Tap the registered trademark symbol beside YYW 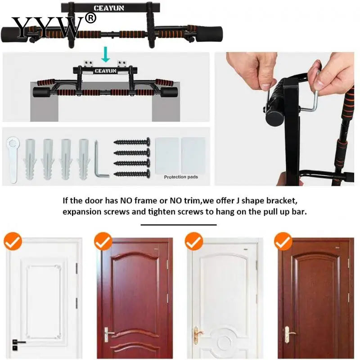[90, 18]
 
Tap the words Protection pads [180, 177]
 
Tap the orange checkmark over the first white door [13, 242]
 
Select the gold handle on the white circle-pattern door [198, 333]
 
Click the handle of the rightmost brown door [288, 334]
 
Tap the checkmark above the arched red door [103, 242]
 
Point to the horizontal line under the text [179, 224]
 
